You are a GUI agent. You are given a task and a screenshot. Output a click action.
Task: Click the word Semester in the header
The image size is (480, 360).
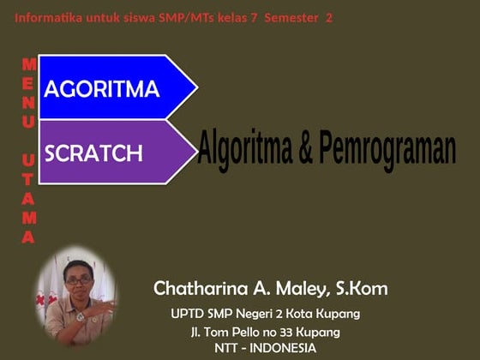click(x=291, y=17)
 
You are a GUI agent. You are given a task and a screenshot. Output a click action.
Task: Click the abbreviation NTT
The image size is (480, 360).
click(x=228, y=348)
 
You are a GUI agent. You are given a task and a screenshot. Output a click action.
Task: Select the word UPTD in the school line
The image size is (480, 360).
click(x=188, y=313)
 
